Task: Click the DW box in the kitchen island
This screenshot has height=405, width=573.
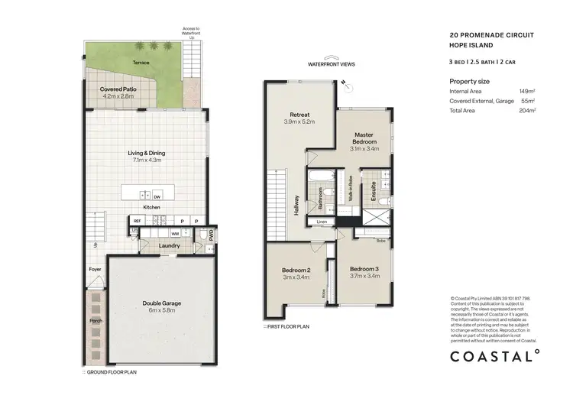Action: (156, 196)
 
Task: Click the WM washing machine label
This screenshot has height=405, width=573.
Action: (174, 232)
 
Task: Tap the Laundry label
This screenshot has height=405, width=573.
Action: (170, 245)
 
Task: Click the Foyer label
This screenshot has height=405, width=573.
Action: (95, 269)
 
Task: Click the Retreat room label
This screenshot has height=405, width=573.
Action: (299, 114)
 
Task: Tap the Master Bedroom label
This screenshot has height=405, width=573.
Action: (364, 138)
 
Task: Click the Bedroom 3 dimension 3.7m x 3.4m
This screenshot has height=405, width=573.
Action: (364, 277)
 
